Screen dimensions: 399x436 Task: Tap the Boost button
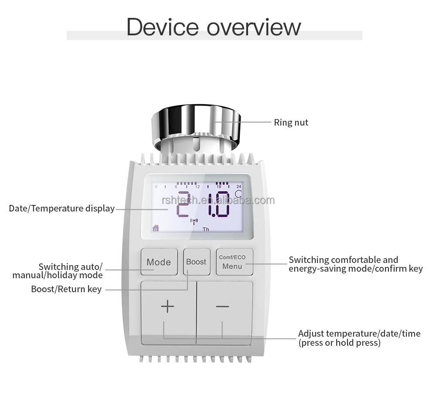point(196,262)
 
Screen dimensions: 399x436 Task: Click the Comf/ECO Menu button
point(234,262)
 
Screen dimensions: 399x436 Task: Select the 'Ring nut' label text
point(291,123)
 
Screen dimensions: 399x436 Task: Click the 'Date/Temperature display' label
point(61,208)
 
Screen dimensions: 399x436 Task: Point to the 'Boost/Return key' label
point(66,289)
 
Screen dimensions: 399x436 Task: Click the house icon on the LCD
point(156,228)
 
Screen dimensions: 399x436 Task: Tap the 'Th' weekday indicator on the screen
point(206,229)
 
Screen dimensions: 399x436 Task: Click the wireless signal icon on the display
point(194,222)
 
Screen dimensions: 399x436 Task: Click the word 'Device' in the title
point(162,27)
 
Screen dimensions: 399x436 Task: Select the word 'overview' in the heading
point(254,27)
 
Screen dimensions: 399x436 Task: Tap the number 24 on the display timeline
point(239,187)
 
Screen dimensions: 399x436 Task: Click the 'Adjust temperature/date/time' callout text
point(359,334)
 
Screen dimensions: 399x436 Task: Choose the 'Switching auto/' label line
point(71,266)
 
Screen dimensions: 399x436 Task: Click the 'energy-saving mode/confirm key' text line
point(356,269)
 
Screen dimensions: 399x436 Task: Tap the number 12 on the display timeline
point(197,187)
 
